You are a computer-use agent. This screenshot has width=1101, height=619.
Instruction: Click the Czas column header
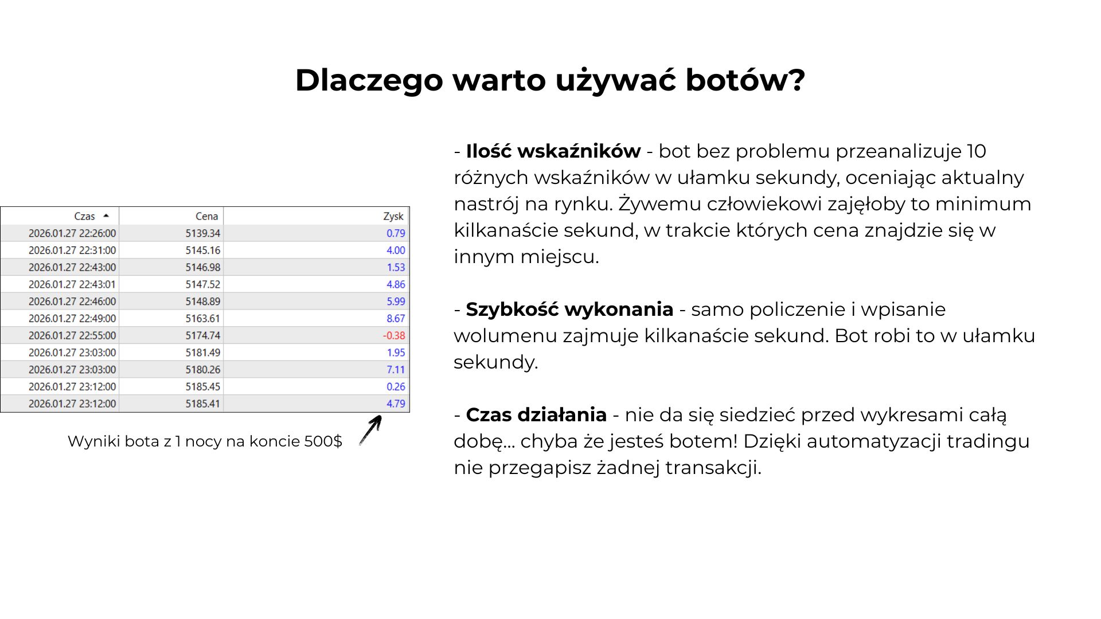(x=84, y=216)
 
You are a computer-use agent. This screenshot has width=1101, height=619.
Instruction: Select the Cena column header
(x=206, y=216)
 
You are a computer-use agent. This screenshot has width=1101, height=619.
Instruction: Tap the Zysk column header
(x=393, y=216)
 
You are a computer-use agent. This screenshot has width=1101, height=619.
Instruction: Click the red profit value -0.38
(x=394, y=335)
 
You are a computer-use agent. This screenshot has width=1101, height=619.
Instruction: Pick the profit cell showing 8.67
(x=396, y=318)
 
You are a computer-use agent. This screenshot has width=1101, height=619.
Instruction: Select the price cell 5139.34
(x=203, y=233)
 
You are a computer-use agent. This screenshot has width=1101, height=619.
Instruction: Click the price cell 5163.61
(x=203, y=318)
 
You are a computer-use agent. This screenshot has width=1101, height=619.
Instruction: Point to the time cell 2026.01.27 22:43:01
(x=72, y=284)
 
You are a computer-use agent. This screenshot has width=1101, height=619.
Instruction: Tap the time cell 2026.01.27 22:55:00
(x=72, y=335)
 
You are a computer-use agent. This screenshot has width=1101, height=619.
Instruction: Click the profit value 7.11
(x=396, y=370)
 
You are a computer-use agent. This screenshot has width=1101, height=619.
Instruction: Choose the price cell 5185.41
(x=203, y=403)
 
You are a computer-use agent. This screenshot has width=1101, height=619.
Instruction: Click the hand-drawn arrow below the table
(x=370, y=430)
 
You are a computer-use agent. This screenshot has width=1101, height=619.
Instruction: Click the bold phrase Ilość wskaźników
(x=553, y=151)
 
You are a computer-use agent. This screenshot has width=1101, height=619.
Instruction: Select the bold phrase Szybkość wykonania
(x=569, y=309)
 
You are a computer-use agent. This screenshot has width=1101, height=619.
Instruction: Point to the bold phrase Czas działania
(x=536, y=415)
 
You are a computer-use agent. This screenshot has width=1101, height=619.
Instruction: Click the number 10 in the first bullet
(x=976, y=151)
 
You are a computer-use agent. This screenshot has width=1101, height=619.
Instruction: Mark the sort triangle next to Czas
(x=106, y=216)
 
